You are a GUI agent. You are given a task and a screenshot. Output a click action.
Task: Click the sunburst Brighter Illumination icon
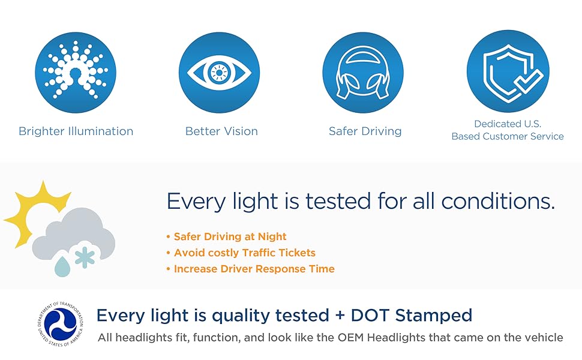(x=76, y=73)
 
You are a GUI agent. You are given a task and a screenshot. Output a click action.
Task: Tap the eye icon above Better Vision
(x=219, y=73)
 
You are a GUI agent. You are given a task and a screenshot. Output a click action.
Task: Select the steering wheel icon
(x=363, y=73)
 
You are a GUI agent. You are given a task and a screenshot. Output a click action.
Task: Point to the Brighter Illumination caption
(x=76, y=131)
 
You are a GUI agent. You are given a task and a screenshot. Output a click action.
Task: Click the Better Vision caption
(x=221, y=131)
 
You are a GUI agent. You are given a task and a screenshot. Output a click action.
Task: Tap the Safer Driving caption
(x=365, y=131)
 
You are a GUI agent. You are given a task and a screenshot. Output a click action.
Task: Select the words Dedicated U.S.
(x=508, y=124)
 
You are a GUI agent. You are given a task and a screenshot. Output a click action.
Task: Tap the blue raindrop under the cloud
(x=62, y=266)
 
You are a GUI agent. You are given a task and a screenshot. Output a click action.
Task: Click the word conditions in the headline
(x=498, y=201)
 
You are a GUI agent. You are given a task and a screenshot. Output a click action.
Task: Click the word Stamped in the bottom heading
(x=434, y=316)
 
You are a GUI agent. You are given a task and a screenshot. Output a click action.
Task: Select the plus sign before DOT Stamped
(x=340, y=316)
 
